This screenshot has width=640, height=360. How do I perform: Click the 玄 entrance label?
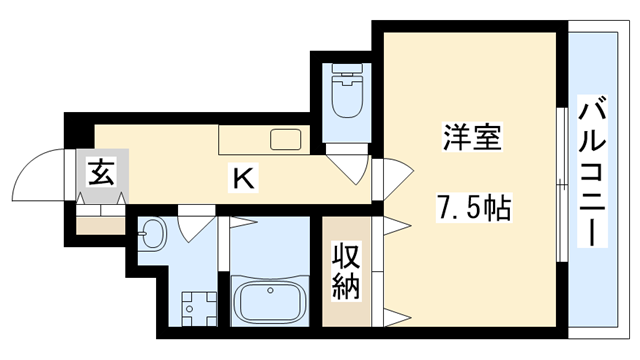(x=100, y=172)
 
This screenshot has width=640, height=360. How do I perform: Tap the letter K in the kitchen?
(x=243, y=179)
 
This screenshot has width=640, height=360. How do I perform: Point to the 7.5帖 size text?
(x=473, y=208)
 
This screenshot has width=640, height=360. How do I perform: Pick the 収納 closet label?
(x=346, y=271)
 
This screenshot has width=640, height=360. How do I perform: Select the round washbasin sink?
(x=151, y=236)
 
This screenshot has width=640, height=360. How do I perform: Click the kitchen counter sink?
(x=286, y=139)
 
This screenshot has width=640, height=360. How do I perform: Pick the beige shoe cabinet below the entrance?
(x=100, y=223)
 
